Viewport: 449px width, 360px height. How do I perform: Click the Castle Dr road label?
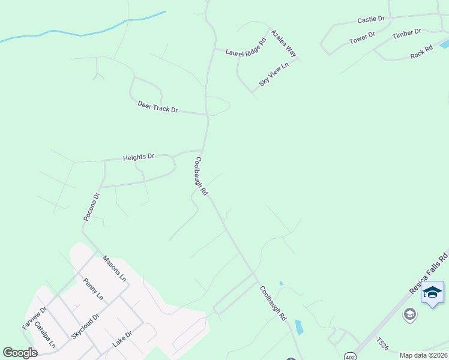[x=370, y=20]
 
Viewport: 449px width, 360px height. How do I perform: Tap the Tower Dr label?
[x=362, y=38]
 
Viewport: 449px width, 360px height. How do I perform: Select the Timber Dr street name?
[x=407, y=34]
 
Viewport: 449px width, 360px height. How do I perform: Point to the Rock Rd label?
[x=421, y=52]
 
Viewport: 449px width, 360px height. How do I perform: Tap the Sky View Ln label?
[x=274, y=73]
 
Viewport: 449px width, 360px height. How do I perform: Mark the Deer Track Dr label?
[x=158, y=107]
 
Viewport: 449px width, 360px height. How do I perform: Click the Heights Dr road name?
[x=139, y=157]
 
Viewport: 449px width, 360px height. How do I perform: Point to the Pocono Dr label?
[x=90, y=207]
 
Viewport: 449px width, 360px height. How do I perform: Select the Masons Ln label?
[x=114, y=269]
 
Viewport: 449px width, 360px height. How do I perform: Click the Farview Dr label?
[x=34, y=318]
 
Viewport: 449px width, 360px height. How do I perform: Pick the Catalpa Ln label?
[x=45, y=335]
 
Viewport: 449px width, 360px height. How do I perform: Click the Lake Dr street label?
[x=122, y=339]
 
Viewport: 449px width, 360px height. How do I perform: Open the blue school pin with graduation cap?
[x=432, y=293]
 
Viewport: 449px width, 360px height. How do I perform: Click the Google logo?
[x=20, y=353]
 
